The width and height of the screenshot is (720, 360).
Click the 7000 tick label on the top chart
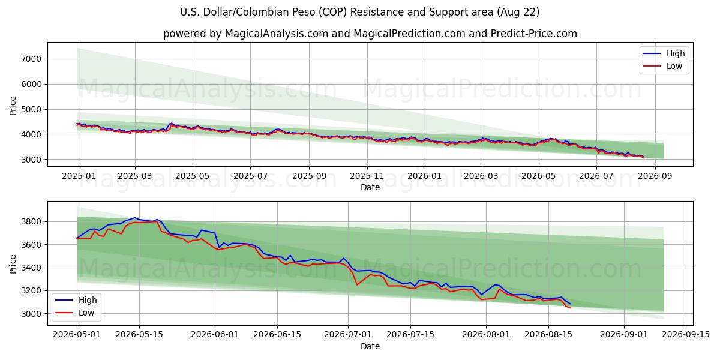click(31, 59)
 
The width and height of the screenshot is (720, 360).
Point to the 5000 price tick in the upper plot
click(31, 109)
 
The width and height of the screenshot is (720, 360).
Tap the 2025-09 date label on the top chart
click(309, 176)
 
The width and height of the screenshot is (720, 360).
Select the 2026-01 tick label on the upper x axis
click(425, 176)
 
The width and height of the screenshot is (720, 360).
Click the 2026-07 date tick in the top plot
click(596, 176)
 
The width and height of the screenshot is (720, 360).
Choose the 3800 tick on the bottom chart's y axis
click(31, 222)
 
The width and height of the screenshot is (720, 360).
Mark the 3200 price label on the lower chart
click(31, 291)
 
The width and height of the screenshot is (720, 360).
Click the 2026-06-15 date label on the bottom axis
click(277, 335)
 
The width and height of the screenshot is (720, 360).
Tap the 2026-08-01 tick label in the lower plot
click(486, 335)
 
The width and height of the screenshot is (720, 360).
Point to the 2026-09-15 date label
click(686, 335)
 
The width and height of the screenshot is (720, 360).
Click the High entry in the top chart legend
click(676, 53)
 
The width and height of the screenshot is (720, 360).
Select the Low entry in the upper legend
click(674, 66)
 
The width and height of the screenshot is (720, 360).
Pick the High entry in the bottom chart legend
click(88, 300)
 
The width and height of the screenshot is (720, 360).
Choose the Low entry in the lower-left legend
click(86, 313)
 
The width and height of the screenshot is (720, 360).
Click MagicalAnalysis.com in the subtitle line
click(277, 34)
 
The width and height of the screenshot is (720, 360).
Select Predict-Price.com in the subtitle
click(534, 34)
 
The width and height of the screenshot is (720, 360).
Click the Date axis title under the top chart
click(370, 187)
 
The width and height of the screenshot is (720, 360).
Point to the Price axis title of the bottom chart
click(13, 264)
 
